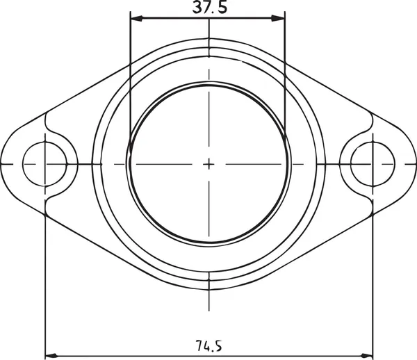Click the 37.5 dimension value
(x=209, y=8)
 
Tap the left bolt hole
(x=45, y=164)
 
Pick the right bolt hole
(x=373, y=164)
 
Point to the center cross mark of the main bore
(x=208, y=164)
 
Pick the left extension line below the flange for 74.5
(x=45, y=278)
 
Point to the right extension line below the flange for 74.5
(x=373, y=278)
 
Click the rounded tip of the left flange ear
(x=3, y=164)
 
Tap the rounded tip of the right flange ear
(x=414, y=164)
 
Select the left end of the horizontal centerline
(x=2, y=164)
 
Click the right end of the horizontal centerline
(x=415, y=164)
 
